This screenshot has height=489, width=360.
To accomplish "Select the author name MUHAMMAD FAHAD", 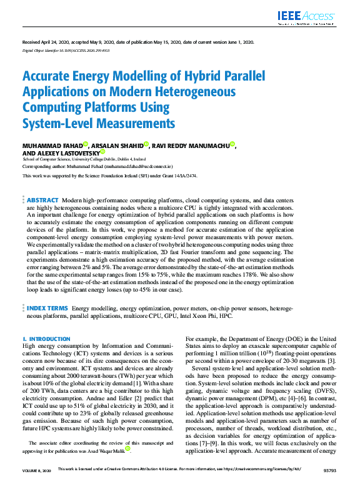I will pyautogui.click(x=52, y=145).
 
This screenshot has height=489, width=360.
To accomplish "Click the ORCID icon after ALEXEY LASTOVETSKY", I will pyautogui.click(x=102, y=152).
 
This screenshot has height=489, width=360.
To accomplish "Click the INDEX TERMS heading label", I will pyautogui.click(x=47, y=309).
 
